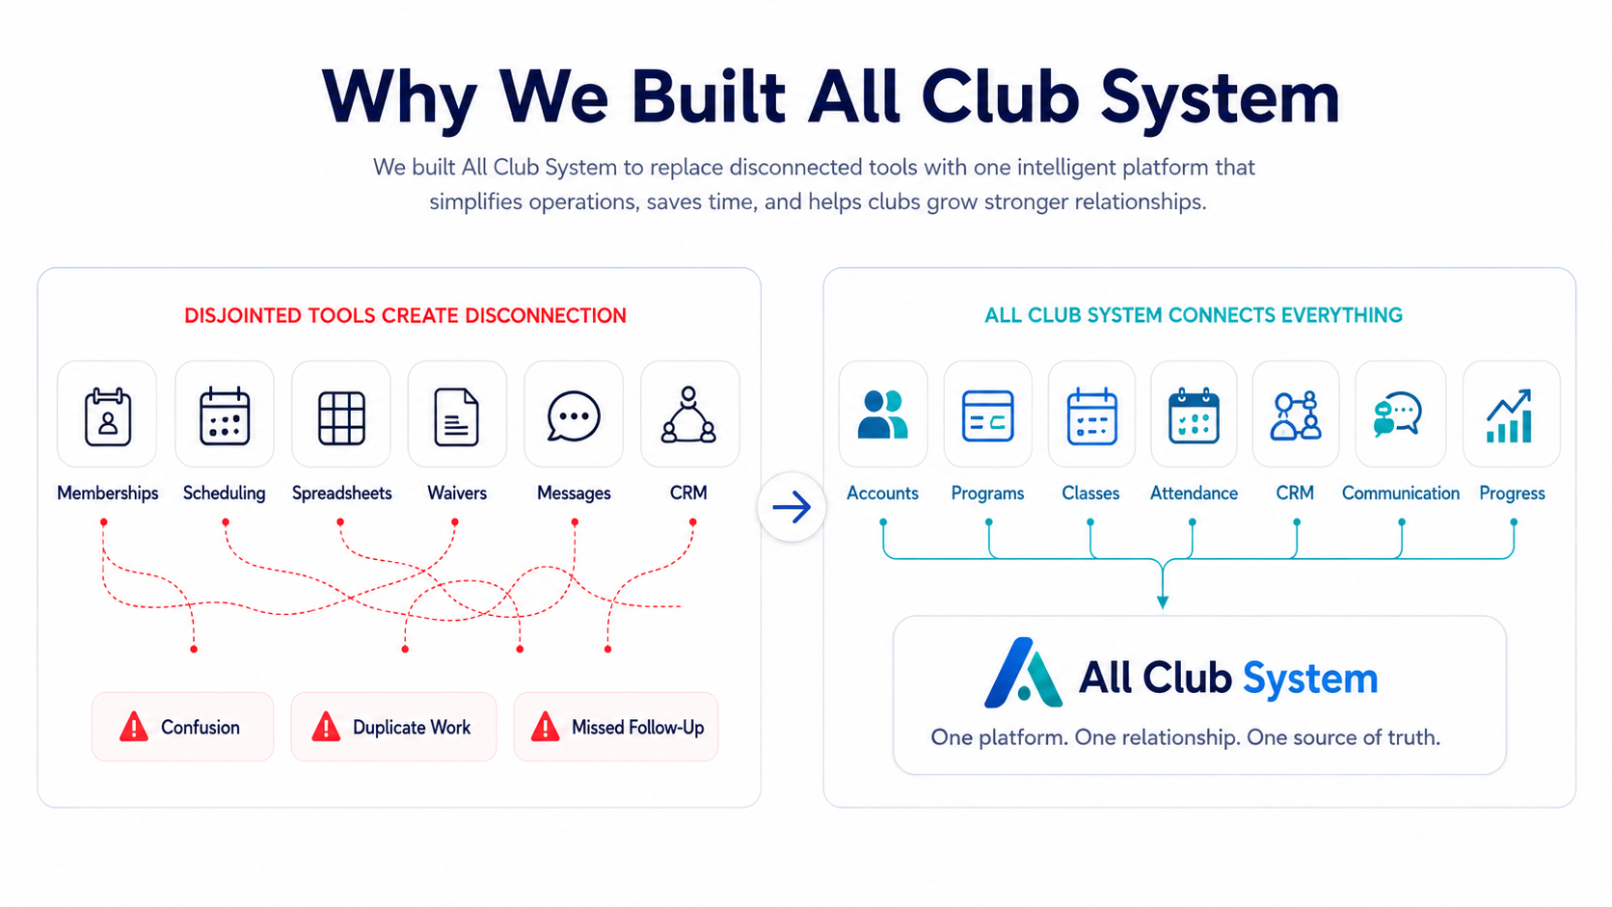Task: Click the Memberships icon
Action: click(x=108, y=416)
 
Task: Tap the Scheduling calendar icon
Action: click(x=225, y=415)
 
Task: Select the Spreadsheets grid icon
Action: click(x=341, y=417)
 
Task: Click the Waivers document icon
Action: click(x=457, y=416)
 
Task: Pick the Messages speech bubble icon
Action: click(x=574, y=415)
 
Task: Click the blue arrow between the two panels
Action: click(x=792, y=507)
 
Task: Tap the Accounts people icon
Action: click(x=883, y=414)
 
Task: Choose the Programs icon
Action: click(x=988, y=415)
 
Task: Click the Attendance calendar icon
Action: click(x=1194, y=415)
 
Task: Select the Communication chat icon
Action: click(x=1398, y=414)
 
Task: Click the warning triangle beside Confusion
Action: click(x=134, y=727)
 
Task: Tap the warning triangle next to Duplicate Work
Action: click(x=326, y=727)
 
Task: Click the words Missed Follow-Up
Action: click(x=637, y=727)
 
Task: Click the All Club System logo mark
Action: click(x=1023, y=673)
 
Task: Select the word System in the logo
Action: click(x=1310, y=679)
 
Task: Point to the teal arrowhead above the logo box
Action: click(x=1162, y=602)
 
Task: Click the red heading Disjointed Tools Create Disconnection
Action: click(x=405, y=316)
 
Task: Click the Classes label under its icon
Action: click(x=1091, y=494)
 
